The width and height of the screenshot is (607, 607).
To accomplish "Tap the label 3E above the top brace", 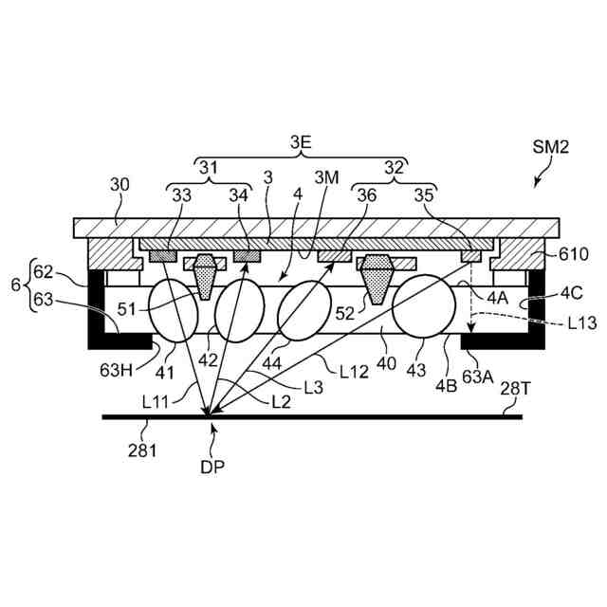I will coord(301,143).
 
